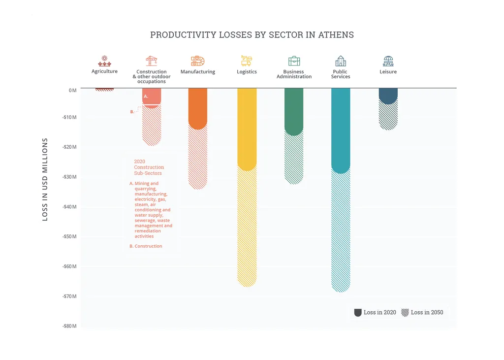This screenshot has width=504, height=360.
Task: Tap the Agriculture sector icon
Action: click(x=104, y=61)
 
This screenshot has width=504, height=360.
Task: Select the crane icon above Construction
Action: click(x=152, y=61)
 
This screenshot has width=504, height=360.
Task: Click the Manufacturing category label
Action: click(x=198, y=72)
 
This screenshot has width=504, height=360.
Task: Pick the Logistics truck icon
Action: click(x=247, y=61)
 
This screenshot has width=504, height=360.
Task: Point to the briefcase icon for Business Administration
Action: click(x=294, y=61)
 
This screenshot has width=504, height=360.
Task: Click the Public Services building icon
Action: click(x=341, y=61)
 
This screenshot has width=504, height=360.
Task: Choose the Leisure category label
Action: click(x=388, y=72)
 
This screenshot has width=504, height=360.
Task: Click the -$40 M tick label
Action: click(x=69, y=207)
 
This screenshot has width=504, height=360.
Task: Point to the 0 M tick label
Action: click(x=72, y=91)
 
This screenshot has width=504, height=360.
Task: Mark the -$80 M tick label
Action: click(x=69, y=327)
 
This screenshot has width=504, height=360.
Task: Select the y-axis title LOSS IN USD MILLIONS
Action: click(x=45, y=179)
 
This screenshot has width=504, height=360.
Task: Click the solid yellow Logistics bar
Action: click(x=247, y=128)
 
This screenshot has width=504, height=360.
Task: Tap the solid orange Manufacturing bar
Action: click(x=198, y=108)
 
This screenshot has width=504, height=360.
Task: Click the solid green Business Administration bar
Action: click(x=294, y=111)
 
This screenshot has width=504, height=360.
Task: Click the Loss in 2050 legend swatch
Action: click(x=405, y=312)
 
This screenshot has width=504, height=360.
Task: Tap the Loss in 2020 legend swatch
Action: click(x=358, y=312)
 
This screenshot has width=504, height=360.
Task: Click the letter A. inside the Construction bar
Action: click(x=146, y=97)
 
